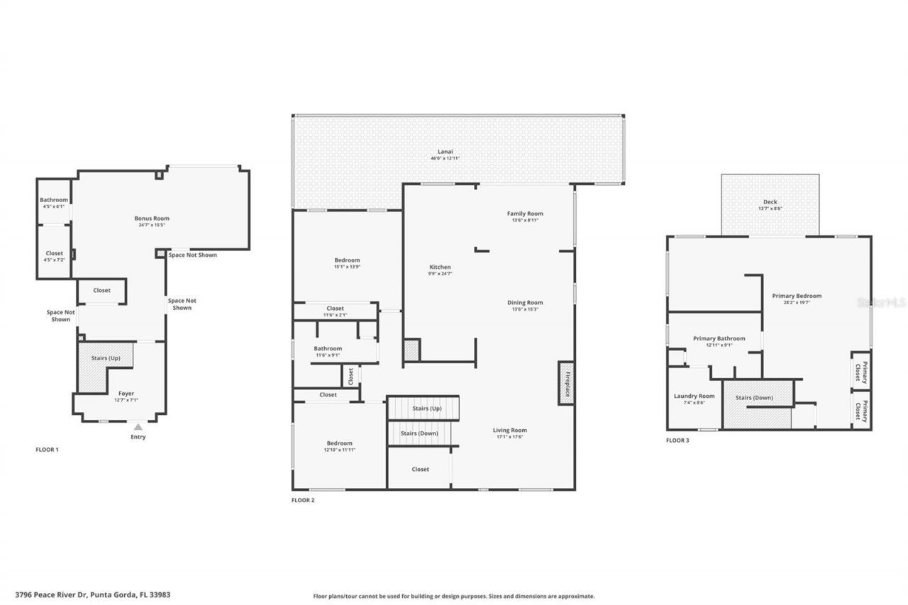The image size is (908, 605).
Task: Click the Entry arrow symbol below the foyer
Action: click(138, 427)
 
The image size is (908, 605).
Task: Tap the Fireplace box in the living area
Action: click(566, 383)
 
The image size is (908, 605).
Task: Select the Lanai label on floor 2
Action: click(445, 152)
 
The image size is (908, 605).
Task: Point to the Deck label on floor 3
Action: click(770, 202)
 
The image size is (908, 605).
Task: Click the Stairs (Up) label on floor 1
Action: click(106, 358)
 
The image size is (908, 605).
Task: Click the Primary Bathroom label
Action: click(719, 338)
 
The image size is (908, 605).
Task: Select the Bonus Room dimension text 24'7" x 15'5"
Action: click(152, 225)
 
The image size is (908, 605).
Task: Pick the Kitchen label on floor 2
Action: click(440, 267)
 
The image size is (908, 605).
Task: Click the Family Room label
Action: click(525, 213)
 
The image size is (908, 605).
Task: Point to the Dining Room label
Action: click(525, 303)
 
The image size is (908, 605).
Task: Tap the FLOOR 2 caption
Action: click(303, 500)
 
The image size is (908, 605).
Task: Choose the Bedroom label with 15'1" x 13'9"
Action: click(347, 260)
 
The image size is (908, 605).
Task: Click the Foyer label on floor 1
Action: click(126, 394)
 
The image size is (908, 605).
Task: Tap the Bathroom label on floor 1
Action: click(54, 200)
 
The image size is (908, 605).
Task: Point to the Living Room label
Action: click(510, 430)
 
